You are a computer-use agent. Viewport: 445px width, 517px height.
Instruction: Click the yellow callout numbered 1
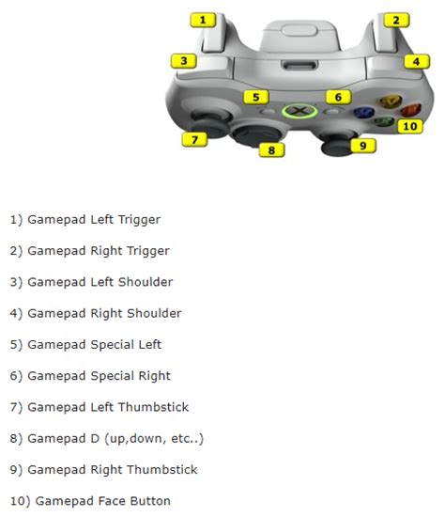click(x=203, y=19)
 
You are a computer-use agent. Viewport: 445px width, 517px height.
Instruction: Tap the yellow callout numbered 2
click(x=396, y=20)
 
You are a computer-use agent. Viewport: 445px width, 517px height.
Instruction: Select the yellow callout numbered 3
click(x=184, y=61)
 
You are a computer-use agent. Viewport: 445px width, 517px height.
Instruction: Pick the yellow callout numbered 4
click(x=416, y=62)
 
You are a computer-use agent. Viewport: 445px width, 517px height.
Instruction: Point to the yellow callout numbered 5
click(x=254, y=97)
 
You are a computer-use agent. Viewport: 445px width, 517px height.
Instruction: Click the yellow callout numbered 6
click(x=339, y=97)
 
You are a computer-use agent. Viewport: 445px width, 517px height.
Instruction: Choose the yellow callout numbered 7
click(x=193, y=140)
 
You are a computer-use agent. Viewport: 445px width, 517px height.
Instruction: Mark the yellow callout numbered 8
click(x=270, y=149)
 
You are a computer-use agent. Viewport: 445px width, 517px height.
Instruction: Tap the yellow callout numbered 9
click(x=362, y=145)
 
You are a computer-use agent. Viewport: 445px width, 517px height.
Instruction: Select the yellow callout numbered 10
click(x=408, y=125)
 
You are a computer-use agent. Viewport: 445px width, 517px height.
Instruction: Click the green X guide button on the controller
click(x=297, y=111)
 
